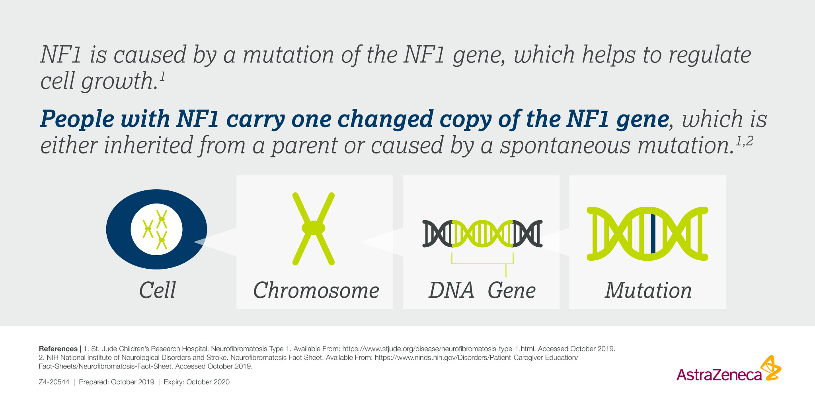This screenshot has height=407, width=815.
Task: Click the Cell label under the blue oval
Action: (x=158, y=290)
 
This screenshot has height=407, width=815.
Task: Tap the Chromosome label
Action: (x=316, y=290)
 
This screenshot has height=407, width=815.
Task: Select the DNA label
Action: (x=452, y=290)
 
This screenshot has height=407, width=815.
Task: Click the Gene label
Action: (x=512, y=290)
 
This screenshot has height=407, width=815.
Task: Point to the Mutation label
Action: (x=648, y=290)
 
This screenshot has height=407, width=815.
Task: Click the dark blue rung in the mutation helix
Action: (x=653, y=233)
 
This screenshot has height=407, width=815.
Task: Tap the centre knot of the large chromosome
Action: (x=314, y=228)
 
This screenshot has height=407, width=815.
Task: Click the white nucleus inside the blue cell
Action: (x=156, y=229)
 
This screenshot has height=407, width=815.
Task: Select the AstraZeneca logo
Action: (x=728, y=370)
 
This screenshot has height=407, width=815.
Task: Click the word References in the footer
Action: (x=58, y=349)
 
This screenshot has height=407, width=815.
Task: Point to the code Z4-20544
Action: (x=54, y=382)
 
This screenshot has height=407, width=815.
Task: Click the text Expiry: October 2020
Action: (x=197, y=382)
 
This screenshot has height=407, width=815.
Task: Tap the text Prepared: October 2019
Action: (x=117, y=382)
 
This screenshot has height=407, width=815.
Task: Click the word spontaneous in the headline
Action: (x=565, y=145)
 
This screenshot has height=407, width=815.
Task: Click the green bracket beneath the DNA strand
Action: (x=482, y=263)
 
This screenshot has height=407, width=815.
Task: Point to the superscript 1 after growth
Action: (x=162, y=75)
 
